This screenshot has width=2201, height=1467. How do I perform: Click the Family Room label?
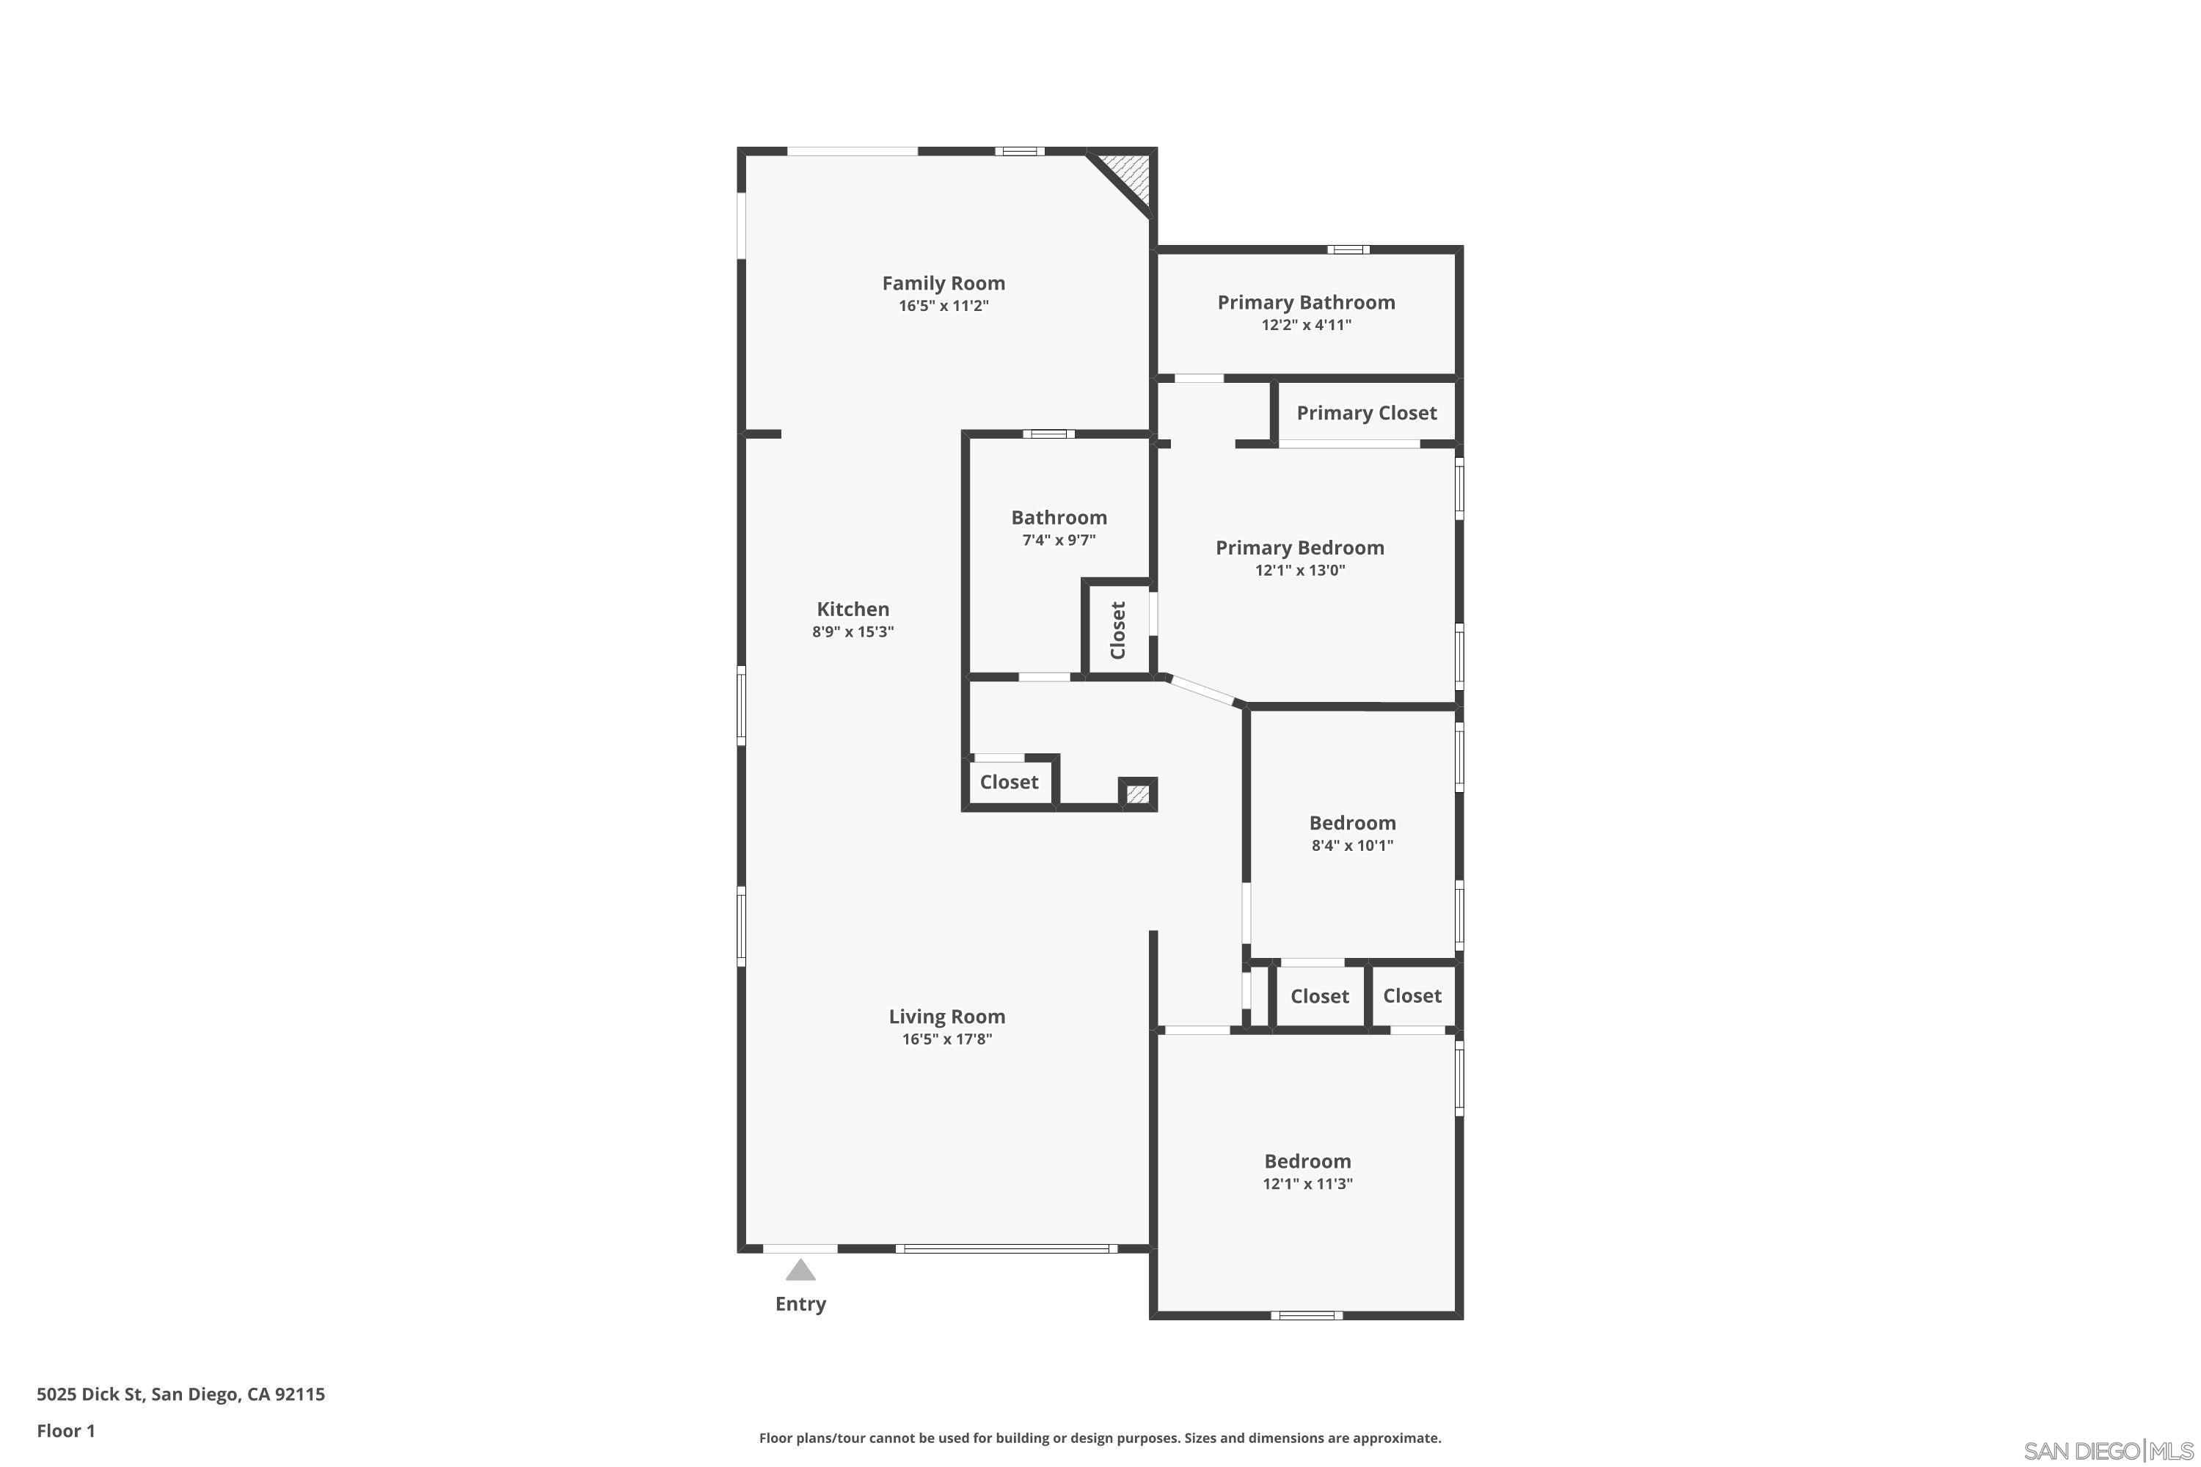tap(943, 282)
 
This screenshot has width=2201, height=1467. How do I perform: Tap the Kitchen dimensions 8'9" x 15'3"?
tap(853, 632)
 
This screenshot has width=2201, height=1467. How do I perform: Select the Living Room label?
tap(946, 1016)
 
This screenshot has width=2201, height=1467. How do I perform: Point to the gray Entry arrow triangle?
tap(800, 1270)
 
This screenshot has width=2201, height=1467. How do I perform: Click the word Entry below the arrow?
tap(800, 1303)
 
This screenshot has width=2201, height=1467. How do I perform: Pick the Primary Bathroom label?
tap(1305, 302)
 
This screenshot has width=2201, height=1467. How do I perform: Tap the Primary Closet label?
tap(1366, 412)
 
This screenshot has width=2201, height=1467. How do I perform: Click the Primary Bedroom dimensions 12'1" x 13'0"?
tap(1300, 570)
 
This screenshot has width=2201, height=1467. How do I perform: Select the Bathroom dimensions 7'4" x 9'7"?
tap(1059, 540)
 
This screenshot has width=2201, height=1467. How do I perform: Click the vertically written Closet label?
tap(1117, 629)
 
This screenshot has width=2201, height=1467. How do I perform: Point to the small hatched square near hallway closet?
tap(1138, 794)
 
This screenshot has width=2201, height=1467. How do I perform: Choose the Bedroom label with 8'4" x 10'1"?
tap(1352, 822)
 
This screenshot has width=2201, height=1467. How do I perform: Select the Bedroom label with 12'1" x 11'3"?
tap(1307, 1161)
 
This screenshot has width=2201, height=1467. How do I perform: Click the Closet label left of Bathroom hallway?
tap(1009, 781)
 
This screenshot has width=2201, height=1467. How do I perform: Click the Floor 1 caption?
tap(65, 1430)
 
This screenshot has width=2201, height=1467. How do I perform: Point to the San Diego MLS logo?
tap(2110, 1451)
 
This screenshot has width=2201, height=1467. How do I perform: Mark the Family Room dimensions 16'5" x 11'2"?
tap(943, 306)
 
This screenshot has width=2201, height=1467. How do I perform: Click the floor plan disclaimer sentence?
tap(1100, 1438)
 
